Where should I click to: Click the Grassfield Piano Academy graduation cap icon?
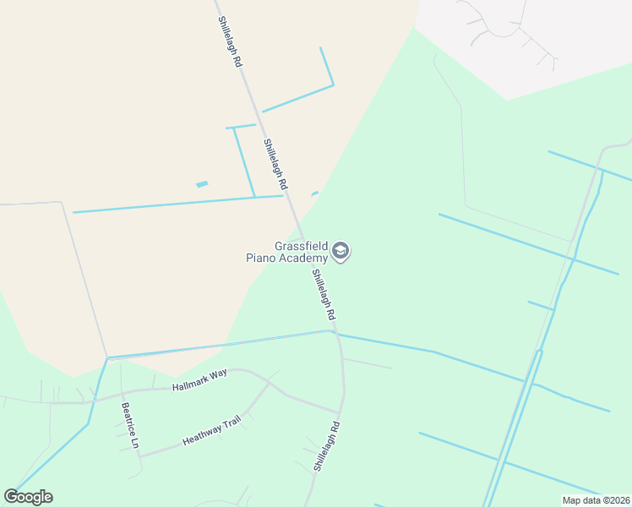tap(341, 251)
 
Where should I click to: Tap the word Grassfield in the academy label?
tap(300, 246)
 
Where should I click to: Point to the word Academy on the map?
tap(302, 258)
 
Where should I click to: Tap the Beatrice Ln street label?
tap(129, 425)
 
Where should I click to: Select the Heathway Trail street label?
tap(212, 429)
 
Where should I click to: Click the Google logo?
tap(28, 497)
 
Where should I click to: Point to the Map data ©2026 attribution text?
tap(596, 500)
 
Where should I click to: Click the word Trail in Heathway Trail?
tap(230, 422)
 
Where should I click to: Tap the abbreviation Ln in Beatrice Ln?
tap(133, 442)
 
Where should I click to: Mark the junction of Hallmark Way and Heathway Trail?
tap(270, 382)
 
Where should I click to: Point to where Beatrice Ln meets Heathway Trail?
tap(140, 456)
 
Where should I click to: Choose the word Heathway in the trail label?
tap(201, 434)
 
